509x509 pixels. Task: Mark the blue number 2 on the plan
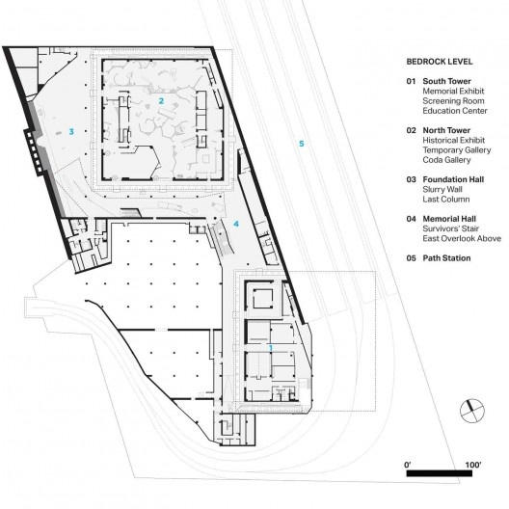[161, 100]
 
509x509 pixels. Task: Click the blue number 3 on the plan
[70, 131]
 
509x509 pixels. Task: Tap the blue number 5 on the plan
[302, 144]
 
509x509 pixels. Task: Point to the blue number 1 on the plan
[271, 348]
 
